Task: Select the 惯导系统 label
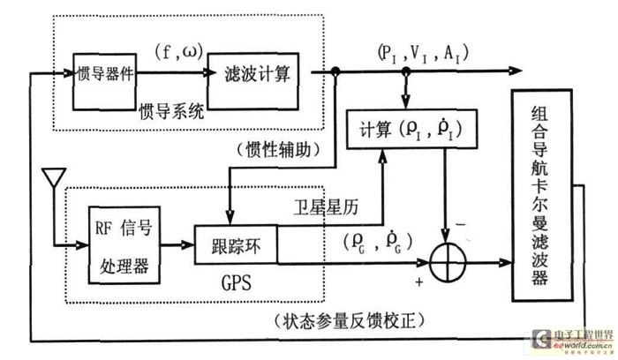172,112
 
